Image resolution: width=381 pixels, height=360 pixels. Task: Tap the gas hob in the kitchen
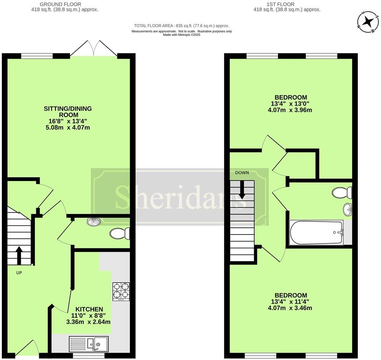point(121,291)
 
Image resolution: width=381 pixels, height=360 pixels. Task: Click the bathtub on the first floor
point(316,232)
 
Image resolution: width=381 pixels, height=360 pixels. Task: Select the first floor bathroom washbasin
point(347,209)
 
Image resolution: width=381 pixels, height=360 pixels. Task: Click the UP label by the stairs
point(19,273)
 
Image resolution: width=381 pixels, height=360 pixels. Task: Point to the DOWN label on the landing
point(242,173)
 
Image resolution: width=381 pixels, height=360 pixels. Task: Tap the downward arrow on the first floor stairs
point(242,190)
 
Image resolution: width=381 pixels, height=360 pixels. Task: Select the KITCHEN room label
point(89,309)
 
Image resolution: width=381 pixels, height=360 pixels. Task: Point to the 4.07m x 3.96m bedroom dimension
point(290,110)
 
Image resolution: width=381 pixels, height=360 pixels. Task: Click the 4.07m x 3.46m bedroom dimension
point(290,308)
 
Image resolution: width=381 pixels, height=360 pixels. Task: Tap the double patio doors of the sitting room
point(94,48)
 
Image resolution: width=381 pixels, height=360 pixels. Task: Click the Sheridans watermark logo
point(180,196)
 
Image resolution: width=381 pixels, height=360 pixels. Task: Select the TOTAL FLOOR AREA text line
point(181,26)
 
